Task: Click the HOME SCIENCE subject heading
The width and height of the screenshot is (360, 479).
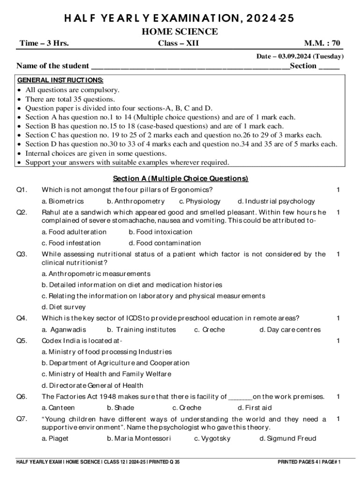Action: pyautogui.click(x=180, y=32)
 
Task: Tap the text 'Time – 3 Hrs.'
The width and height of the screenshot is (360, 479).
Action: pyautogui.click(x=44, y=44)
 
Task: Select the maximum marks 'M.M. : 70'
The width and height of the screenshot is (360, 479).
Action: pyautogui.click(x=322, y=44)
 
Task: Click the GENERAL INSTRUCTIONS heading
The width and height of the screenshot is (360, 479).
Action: pyautogui.click(x=60, y=80)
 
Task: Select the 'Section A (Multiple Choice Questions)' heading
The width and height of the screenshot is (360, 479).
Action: pyautogui.click(x=180, y=179)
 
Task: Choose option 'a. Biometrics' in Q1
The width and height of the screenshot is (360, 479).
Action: pyautogui.click(x=63, y=201)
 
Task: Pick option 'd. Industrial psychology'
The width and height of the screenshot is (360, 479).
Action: pyautogui.click(x=276, y=201)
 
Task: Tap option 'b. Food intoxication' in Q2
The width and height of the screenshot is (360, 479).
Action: pyautogui.click(x=160, y=232)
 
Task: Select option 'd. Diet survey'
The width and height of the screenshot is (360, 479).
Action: pyautogui.click(x=64, y=307)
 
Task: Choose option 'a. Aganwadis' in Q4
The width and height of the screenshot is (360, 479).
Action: pyautogui.click(x=64, y=330)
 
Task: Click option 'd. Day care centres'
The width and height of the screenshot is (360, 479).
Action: pyautogui.click(x=290, y=330)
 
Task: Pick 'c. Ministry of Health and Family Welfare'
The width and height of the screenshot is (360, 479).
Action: pyautogui.click(x=107, y=374)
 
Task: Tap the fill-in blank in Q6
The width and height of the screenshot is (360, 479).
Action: pyautogui.click(x=240, y=397)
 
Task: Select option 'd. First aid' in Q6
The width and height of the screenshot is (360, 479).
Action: pyautogui.click(x=255, y=408)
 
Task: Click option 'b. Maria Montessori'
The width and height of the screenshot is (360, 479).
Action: pyautogui.click(x=139, y=439)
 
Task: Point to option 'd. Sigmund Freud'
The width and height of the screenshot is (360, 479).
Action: pyautogui.click(x=288, y=439)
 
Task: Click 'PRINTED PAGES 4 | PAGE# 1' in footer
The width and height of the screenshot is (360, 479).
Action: pyautogui.click(x=309, y=462)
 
